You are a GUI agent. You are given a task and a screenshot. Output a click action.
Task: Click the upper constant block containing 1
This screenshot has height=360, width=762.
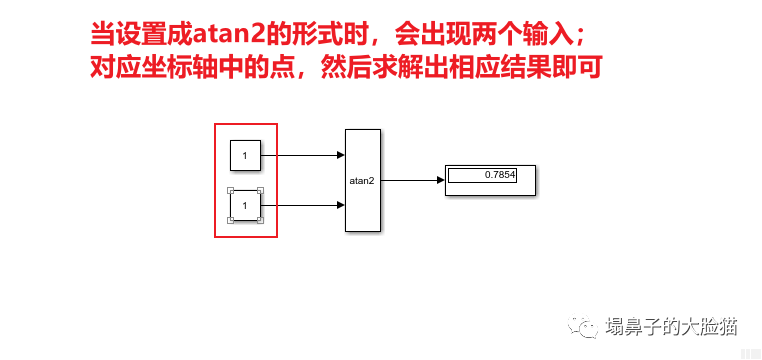click(x=245, y=155)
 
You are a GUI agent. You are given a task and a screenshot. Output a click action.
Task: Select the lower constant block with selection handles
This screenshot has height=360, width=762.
click(x=245, y=205)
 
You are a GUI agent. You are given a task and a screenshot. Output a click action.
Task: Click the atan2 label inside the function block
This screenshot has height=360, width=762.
click(x=361, y=181)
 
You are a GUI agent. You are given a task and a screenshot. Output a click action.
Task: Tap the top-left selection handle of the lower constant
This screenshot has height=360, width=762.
click(x=230, y=190)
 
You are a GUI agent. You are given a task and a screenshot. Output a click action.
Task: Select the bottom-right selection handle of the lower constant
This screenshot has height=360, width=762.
click(x=261, y=221)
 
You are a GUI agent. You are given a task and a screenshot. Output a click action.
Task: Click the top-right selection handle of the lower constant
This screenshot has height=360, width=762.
click(x=261, y=190)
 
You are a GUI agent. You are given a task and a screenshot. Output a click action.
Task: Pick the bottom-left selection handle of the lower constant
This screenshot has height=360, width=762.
click(x=230, y=221)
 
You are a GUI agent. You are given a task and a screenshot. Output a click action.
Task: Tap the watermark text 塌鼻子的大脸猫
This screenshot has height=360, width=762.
click(x=672, y=326)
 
